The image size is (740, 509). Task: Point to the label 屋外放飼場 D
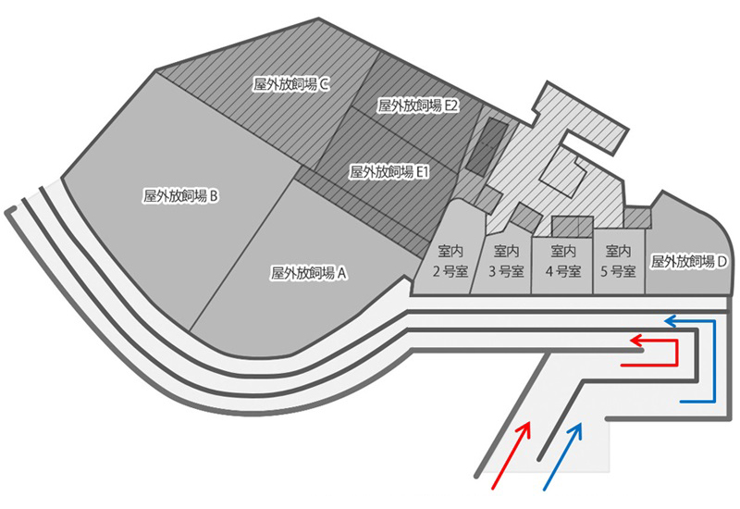pos(690,262)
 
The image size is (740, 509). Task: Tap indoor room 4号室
pos(563,262)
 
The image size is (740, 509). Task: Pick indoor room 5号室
pos(617,262)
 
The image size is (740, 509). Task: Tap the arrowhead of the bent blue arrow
pos(672,321)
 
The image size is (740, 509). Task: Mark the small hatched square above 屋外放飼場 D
pos(636,217)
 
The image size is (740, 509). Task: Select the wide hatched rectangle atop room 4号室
pos(571,225)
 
